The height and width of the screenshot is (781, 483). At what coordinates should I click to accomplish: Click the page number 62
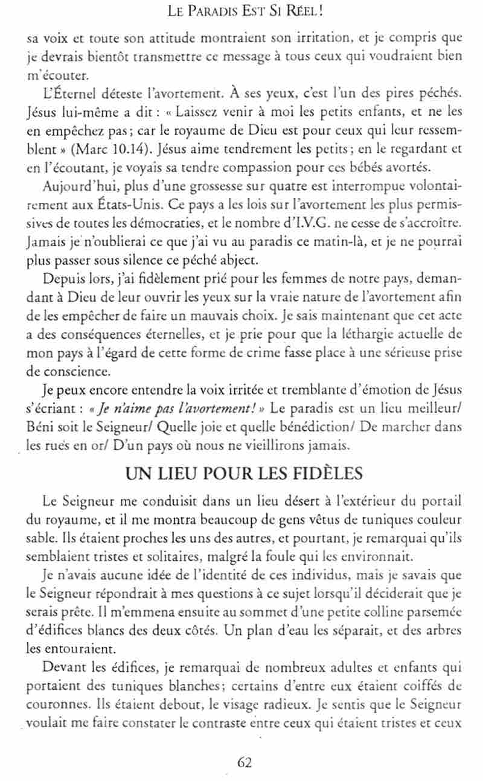(245, 762)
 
